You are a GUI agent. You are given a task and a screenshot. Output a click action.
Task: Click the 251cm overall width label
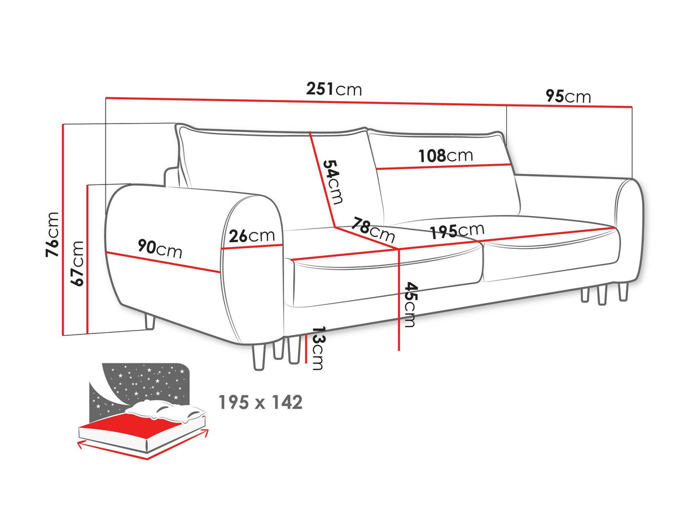tap(333, 89)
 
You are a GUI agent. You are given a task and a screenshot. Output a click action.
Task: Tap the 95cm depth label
tap(568, 96)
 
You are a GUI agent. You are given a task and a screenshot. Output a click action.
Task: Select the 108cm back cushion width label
tap(445, 156)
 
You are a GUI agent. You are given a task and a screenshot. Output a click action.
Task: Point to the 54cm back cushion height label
tap(333, 182)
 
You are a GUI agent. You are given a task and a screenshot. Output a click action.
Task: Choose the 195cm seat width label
tap(456, 231)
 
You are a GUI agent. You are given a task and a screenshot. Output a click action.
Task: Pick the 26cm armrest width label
tap(252, 236)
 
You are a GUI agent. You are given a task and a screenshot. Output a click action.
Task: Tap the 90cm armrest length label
tap(160, 248)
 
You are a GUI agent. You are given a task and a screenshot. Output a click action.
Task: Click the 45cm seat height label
tap(410, 304)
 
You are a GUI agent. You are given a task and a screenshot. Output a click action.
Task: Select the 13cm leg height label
tap(318, 349)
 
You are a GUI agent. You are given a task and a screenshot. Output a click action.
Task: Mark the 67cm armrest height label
tap(78, 263)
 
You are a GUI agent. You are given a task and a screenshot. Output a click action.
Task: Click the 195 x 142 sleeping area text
tap(261, 402)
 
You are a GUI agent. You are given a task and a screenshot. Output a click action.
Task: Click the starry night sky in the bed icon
tap(141, 381)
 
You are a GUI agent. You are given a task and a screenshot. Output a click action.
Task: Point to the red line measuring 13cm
tap(305, 348)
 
